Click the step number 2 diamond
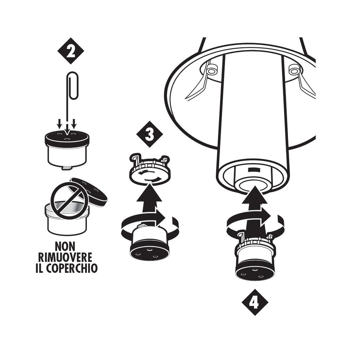point(71,51)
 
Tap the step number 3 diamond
point(149,134)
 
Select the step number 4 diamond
point(255,302)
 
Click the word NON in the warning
point(65,247)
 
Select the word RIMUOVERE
point(65,258)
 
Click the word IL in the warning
point(40,268)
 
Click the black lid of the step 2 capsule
point(67,137)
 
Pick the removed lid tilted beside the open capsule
point(88,191)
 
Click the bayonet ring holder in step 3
point(149,169)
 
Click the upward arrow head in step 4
point(255,195)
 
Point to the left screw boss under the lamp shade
point(211,70)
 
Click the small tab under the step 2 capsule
point(66,168)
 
